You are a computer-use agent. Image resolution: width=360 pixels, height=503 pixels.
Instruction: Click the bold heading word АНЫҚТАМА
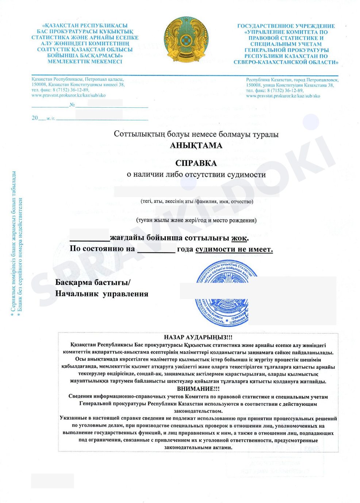point(196,145)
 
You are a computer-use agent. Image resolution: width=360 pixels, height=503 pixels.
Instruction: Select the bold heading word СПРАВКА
point(196,163)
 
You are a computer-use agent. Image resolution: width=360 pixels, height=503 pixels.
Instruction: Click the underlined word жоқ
point(240,238)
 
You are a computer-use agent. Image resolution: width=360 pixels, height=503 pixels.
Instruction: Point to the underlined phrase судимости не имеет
point(234,249)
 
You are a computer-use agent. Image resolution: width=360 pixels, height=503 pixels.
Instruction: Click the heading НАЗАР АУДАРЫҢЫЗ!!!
point(198,337)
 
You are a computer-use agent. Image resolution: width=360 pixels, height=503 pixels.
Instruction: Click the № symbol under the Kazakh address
point(72,105)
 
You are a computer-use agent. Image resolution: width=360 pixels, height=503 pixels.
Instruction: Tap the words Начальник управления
point(102,294)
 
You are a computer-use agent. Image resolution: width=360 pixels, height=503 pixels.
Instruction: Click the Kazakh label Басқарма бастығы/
point(93,282)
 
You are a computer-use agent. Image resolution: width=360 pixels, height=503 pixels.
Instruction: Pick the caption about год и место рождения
point(196,220)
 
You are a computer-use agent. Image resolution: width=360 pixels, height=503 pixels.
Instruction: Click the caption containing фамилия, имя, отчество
point(197,202)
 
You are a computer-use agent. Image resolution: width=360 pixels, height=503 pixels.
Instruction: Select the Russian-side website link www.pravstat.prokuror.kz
point(283,96)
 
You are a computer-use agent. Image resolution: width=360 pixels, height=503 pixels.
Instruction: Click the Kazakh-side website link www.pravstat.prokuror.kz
point(69,95)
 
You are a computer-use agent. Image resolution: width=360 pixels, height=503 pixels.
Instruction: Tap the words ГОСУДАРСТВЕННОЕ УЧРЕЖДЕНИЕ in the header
point(286,26)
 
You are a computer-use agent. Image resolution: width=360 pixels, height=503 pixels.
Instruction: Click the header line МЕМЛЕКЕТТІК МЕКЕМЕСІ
point(85,61)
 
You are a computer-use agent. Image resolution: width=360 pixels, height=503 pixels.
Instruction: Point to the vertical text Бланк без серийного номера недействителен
point(20,256)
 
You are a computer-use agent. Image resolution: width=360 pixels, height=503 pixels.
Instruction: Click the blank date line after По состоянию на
point(156,250)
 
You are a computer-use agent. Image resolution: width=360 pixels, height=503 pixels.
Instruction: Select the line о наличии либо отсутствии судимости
point(196,175)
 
